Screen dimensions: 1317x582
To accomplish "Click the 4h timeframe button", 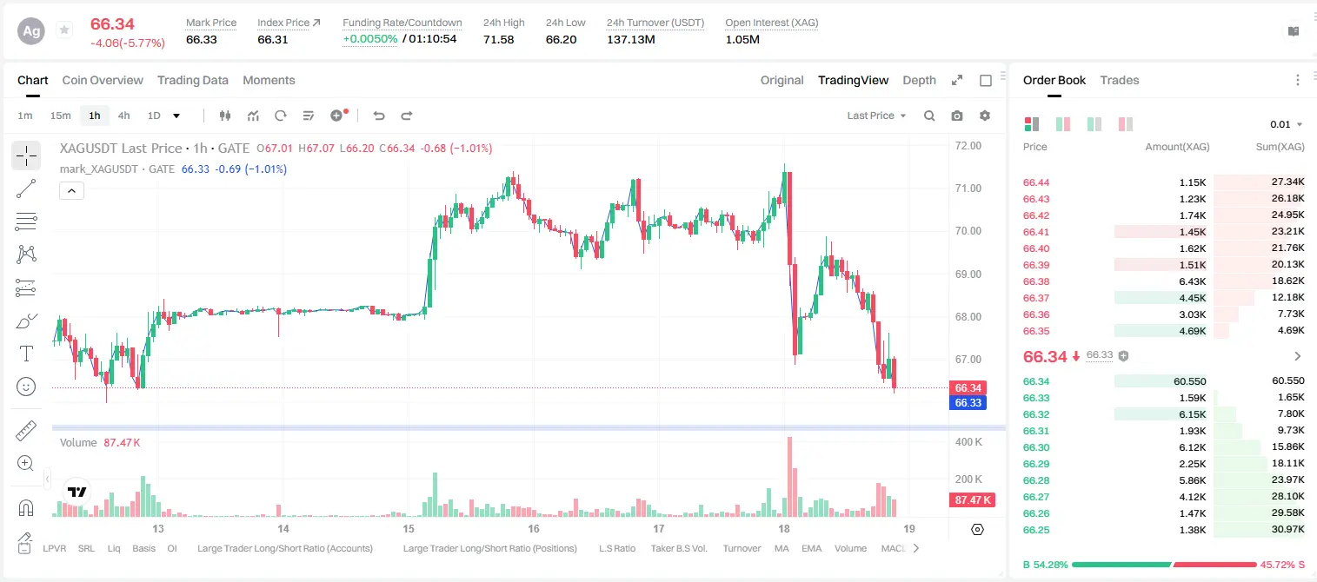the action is click(x=123, y=116).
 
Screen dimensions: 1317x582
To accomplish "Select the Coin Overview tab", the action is click(x=103, y=80).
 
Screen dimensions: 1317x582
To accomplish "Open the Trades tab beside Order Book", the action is click(x=1120, y=80).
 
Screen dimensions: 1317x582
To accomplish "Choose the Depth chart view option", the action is click(x=919, y=80).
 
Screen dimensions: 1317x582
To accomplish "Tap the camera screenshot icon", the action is click(x=957, y=116).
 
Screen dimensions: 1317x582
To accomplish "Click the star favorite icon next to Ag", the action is click(x=64, y=30).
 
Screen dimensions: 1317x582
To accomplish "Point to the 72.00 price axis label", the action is click(x=968, y=146).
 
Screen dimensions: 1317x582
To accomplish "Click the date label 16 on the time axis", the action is click(x=533, y=528).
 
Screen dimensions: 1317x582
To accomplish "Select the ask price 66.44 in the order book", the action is click(x=1036, y=182).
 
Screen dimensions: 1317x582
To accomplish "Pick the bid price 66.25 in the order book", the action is click(x=1036, y=530).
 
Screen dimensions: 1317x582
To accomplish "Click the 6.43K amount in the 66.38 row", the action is click(x=1193, y=281).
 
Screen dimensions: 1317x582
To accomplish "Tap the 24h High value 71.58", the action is click(x=499, y=39).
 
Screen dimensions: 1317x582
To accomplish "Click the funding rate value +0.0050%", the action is click(x=370, y=39).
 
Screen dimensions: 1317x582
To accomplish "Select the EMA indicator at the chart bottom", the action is click(x=811, y=548).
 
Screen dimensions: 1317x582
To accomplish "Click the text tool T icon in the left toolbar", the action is click(x=26, y=354).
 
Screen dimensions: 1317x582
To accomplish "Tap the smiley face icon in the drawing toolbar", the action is click(x=26, y=387).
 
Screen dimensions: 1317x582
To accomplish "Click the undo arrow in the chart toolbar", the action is click(x=379, y=116).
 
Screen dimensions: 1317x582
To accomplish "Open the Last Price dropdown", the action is click(x=876, y=116).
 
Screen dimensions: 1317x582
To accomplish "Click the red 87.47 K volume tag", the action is click(x=973, y=499).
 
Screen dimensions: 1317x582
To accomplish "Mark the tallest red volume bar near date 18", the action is click(x=789, y=476).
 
